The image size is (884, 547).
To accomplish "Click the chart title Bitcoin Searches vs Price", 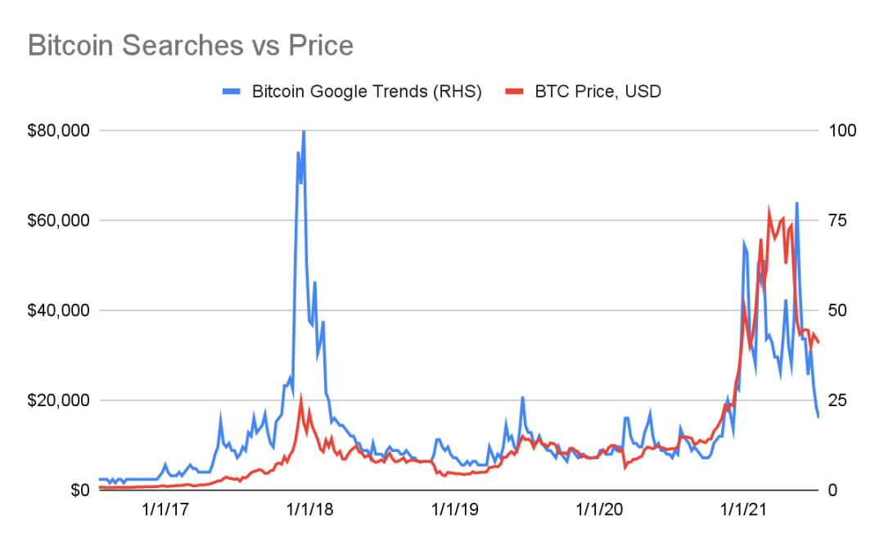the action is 191,45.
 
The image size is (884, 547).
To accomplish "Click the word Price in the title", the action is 321,45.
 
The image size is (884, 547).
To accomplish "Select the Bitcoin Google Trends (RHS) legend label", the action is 367,92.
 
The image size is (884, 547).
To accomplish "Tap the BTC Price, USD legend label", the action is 598,92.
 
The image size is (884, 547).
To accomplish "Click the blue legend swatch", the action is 232,92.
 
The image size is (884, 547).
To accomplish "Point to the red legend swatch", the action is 514,92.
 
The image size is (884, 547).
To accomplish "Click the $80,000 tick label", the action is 58,131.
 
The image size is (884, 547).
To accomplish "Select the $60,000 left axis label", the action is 58,220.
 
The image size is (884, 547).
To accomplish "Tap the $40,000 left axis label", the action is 58,310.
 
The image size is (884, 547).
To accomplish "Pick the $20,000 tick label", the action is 58,400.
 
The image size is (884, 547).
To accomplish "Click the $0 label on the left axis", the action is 79,490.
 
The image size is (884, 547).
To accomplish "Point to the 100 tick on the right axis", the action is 842,131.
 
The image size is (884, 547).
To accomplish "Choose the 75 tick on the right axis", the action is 837,220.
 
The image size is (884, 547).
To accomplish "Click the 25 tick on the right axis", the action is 837,400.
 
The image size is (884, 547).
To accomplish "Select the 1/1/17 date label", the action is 165,510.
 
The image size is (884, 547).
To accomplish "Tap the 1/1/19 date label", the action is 454,510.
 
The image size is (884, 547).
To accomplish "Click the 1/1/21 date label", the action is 743,510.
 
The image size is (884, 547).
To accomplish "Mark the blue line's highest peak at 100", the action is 304,131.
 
